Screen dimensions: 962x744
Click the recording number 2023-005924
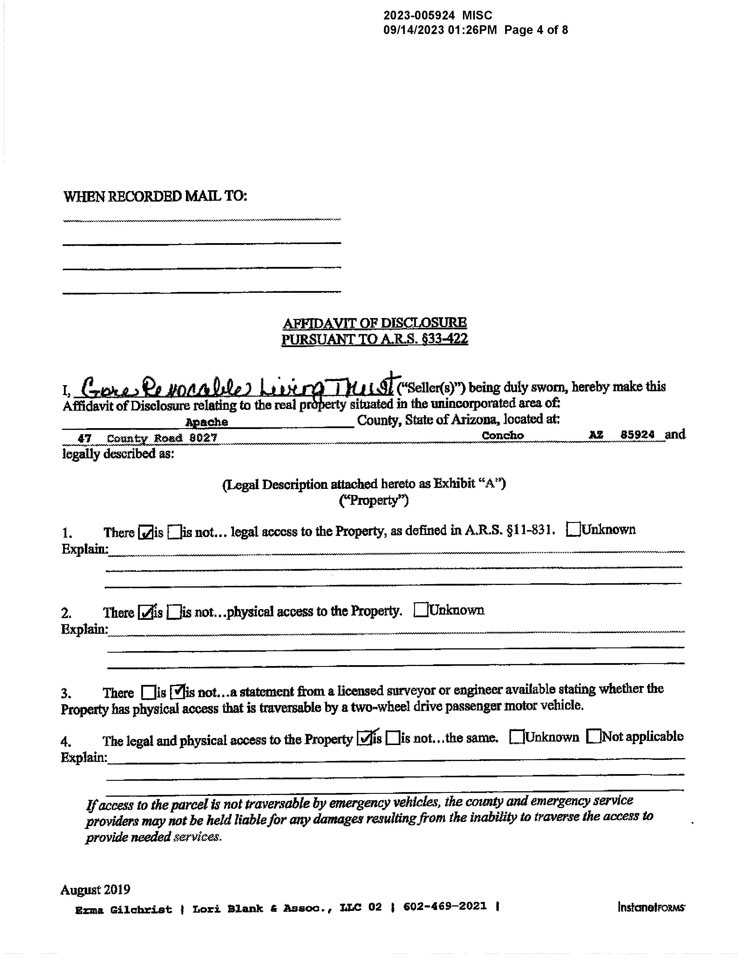click(x=419, y=15)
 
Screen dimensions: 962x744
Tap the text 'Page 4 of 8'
click(x=536, y=30)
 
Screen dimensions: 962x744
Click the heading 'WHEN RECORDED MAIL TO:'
click(x=155, y=196)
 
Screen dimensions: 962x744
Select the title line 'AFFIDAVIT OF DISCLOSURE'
click(x=375, y=323)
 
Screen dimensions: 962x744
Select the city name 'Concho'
click(x=502, y=435)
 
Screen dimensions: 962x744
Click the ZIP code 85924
click(x=637, y=434)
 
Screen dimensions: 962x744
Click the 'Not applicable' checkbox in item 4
click(x=594, y=736)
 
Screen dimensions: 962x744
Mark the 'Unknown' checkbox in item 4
click(x=516, y=737)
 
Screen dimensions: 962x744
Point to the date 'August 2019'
click(x=95, y=890)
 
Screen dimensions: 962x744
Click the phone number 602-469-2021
click(x=445, y=906)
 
